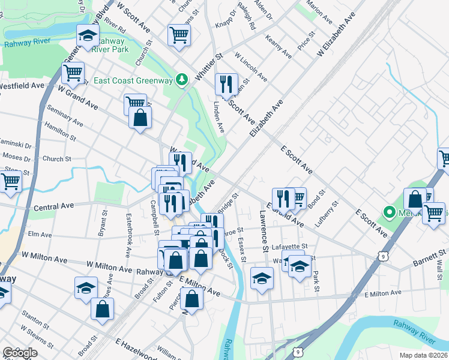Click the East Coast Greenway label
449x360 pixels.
point(129,80)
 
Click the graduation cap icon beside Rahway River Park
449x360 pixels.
point(88,37)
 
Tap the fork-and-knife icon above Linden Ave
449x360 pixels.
point(226,83)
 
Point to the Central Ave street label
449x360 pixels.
point(53,206)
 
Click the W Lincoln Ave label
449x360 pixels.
point(251,66)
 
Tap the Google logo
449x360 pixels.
point(20,353)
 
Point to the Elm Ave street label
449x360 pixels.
point(38,235)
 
